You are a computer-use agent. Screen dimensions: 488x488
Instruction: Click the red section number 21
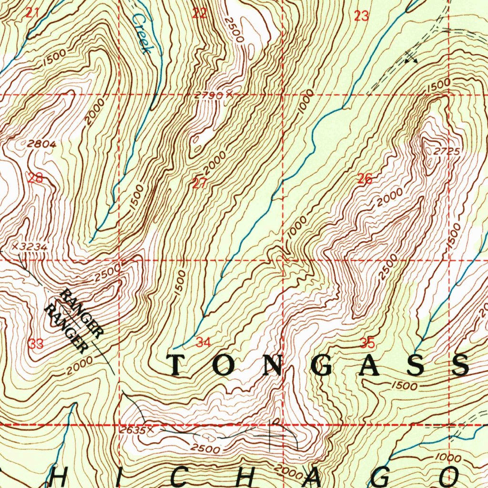(x=32, y=13)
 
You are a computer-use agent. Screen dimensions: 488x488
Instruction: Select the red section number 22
(x=199, y=13)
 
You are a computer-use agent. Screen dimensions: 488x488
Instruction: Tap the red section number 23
(x=362, y=16)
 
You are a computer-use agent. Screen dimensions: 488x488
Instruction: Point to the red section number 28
(x=35, y=179)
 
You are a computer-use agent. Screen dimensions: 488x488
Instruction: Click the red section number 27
(x=199, y=183)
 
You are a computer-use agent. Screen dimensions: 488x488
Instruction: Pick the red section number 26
(x=365, y=179)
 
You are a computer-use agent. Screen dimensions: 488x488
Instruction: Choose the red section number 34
(x=203, y=342)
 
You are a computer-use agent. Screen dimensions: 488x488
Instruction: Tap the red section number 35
(x=367, y=343)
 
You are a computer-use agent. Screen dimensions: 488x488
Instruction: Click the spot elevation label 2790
(x=209, y=95)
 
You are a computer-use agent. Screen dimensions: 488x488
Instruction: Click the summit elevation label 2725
(x=447, y=151)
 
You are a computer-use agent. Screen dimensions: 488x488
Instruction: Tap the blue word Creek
(x=142, y=33)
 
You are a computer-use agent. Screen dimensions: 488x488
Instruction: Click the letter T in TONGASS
(x=176, y=366)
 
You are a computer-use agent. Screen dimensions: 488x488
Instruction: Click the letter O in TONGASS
(x=223, y=366)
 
